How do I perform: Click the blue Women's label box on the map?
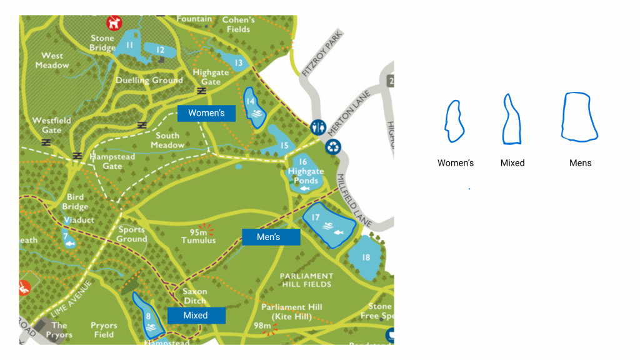[206, 113]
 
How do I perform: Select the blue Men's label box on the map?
[271, 237]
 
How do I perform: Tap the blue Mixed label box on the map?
[196, 316]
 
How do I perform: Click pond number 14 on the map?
[255, 108]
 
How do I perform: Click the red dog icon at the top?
[114, 23]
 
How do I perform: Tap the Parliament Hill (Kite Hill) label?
[291, 311]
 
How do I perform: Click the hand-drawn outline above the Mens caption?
[579, 116]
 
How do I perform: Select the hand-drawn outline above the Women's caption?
[454, 121]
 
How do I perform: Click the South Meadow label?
[167, 140]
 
